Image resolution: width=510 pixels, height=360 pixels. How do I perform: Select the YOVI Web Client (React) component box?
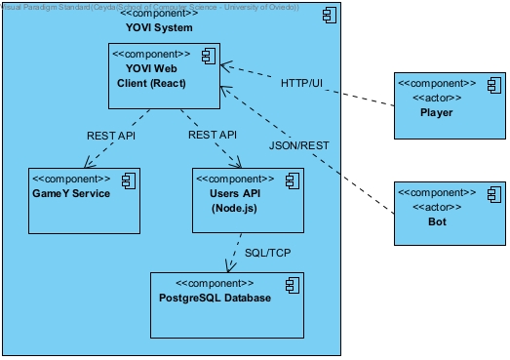pos(161,78)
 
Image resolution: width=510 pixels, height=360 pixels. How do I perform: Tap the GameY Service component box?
pos(85,200)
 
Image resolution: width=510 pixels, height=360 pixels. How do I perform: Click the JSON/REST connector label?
pos(299,145)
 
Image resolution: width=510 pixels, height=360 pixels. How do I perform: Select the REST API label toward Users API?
pos(214,135)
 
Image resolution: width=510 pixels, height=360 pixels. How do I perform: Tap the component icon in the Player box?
pos(491,85)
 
